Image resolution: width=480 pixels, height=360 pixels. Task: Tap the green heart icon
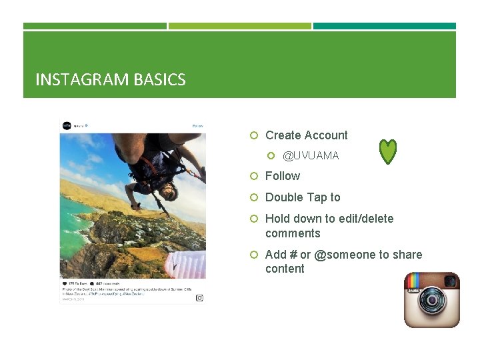coord(388,152)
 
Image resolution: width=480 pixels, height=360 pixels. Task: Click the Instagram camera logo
coord(432,300)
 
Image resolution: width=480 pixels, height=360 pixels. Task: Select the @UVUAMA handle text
coord(311,155)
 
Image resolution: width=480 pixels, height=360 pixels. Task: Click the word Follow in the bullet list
coord(283,176)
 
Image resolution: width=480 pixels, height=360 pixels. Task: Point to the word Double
coord(283,197)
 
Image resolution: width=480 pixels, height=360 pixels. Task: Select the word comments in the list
coord(293,233)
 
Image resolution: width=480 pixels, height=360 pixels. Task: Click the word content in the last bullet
coord(285,269)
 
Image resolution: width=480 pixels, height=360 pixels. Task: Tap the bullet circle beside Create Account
coord(253,135)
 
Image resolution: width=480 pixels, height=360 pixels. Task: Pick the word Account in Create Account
coord(326,135)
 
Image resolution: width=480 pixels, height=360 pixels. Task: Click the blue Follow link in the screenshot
coord(197,125)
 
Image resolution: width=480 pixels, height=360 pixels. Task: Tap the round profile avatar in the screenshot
coord(67,125)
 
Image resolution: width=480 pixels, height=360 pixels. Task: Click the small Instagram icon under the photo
coord(199,298)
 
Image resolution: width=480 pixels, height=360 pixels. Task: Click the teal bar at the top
coord(385,26)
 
